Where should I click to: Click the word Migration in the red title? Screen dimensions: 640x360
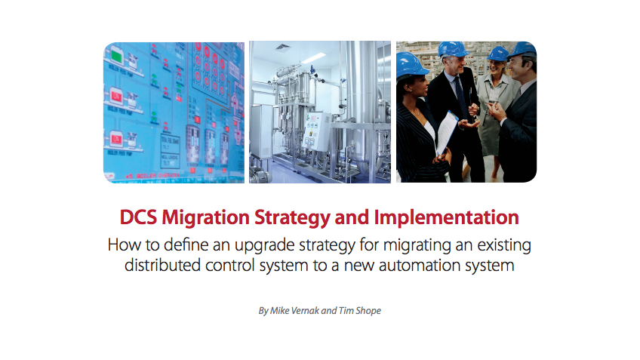205,218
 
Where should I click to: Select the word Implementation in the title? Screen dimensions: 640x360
447,217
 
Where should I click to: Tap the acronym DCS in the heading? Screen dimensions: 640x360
138,217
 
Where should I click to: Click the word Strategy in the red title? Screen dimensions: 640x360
292,218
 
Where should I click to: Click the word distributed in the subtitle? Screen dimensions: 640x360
162,266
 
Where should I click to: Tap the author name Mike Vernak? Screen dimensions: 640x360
294,311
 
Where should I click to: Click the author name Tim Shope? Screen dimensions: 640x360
359,311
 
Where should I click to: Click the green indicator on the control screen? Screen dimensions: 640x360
117,57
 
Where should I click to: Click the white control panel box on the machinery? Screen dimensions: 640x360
316,131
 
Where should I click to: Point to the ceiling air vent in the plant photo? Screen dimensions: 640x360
282,47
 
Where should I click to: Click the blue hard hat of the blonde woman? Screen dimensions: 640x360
498,54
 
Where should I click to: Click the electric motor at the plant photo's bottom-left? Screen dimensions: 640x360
260,176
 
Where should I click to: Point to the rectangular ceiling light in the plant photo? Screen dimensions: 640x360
313,58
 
